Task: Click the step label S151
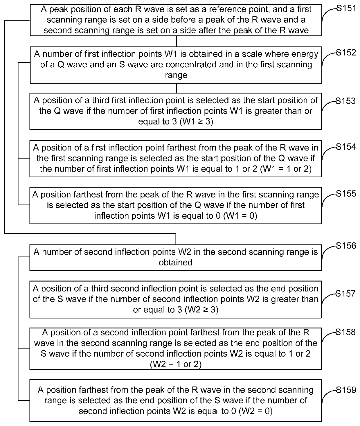pos(346,8)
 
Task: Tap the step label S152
pos(346,53)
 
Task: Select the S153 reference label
pos(345,101)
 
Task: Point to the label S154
pos(346,147)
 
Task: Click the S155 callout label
pos(346,194)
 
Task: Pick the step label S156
pos(346,246)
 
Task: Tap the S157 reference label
pos(345,294)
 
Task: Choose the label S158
pos(345,332)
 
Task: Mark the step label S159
pos(346,389)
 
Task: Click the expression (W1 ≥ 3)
pos(197,122)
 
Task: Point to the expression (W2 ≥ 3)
pos(202,310)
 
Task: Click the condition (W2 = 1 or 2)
pos(176,364)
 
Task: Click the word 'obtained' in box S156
pos(175,263)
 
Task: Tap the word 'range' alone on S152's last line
pos(176,75)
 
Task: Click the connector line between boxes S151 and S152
pos(176,41)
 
